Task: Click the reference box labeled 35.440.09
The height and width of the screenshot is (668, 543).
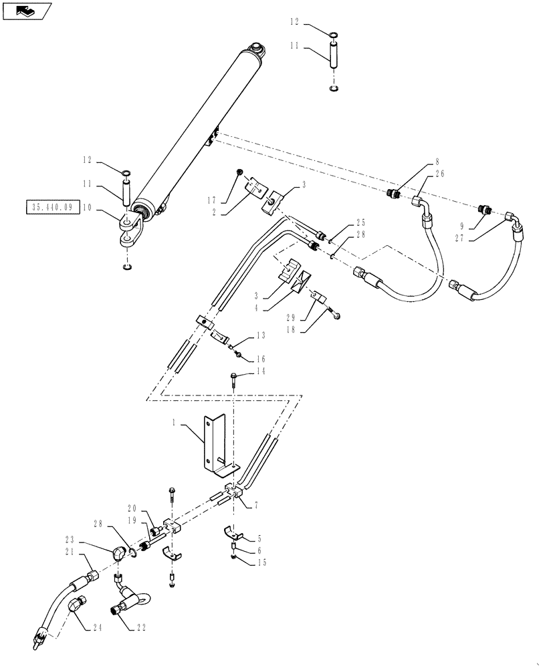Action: (52, 208)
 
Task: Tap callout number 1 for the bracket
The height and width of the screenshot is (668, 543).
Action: (175, 424)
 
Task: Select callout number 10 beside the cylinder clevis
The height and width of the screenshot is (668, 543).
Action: (87, 208)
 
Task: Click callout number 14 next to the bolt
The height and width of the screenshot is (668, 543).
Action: (261, 371)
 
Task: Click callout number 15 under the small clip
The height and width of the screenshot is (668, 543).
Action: (261, 564)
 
